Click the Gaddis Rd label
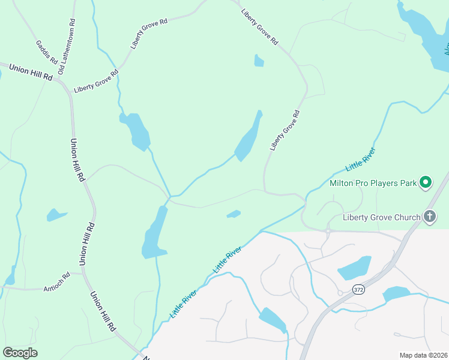pos(46,53)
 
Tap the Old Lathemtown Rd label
pos(67,47)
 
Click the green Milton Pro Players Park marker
pos(426,182)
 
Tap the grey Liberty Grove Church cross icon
pos(429,217)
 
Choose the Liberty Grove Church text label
pos(381,217)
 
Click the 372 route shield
pos(358,289)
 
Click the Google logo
pos(20,352)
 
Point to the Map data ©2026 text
pos(423,355)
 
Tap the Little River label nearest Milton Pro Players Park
pos(360,159)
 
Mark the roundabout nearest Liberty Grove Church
pos(328,230)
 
